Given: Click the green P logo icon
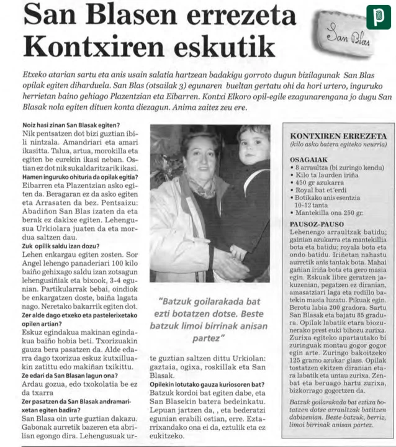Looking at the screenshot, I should click(378, 17).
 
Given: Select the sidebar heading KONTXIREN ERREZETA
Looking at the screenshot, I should click(338, 136).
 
